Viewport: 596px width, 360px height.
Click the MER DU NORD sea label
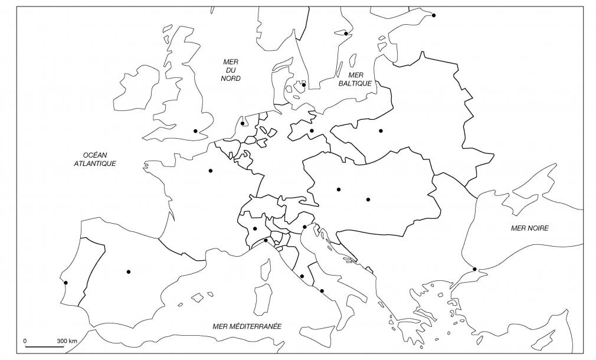[231, 70]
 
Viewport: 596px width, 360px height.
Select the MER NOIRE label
[529, 228]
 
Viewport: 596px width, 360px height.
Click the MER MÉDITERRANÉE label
[247, 326]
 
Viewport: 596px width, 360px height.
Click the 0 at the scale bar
[25, 341]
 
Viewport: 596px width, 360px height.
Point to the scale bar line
[45, 348]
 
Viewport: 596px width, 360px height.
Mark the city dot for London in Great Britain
[195, 131]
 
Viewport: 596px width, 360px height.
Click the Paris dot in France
[210, 171]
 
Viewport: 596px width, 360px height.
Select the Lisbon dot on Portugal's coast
[66, 283]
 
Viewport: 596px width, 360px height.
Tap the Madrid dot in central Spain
[128, 271]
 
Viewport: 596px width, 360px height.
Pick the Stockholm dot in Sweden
[346, 34]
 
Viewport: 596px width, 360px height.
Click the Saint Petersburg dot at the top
[434, 15]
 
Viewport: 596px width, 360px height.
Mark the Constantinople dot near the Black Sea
[475, 269]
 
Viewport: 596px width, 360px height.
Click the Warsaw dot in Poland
[381, 130]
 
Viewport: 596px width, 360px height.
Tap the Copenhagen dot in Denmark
[304, 85]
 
